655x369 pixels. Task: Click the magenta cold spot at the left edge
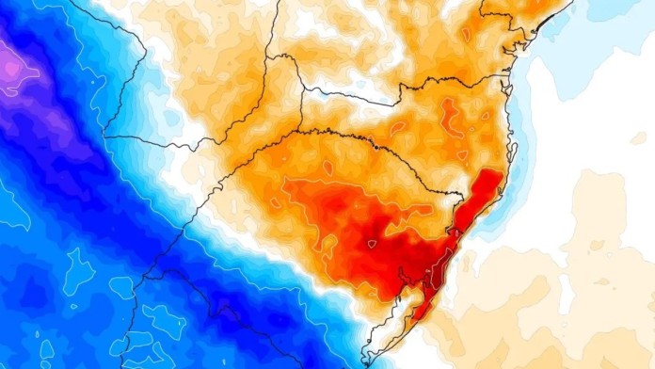tap(9, 66)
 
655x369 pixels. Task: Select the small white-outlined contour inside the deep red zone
tap(372, 244)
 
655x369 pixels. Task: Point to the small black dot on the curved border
tap(375, 147)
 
